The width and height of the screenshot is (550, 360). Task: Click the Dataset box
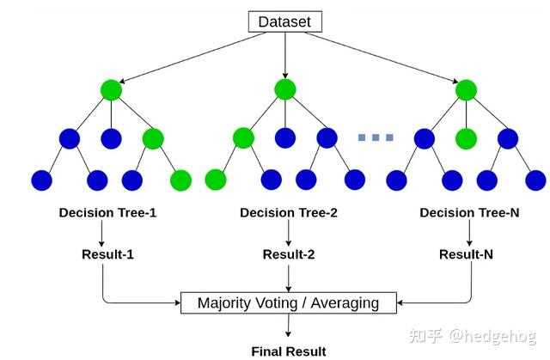[x=284, y=21]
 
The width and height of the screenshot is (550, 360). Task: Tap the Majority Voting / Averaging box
[x=289, y=302]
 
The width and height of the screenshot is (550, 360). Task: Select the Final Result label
[x=289, y=351]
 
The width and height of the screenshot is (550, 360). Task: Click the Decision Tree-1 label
[x=107, y=213]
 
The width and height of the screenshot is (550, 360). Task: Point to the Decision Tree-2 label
[x=289, y=213]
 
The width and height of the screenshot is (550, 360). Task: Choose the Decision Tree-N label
[x=469, y=213]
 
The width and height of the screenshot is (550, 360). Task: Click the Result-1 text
[x=107, y=254]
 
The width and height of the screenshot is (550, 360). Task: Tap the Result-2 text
[x=289, y=254]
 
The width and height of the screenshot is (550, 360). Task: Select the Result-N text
[x=466, y=254]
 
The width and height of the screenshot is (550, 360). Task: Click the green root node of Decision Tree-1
[x=111, y=90]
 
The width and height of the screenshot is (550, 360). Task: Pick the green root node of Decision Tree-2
[x=285, y=89]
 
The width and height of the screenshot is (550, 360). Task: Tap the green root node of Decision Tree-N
[x=466, y=90]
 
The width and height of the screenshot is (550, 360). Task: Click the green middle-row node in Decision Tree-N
[x=466, y=139]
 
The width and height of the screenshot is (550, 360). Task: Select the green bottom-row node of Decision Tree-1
[x=180, y=180]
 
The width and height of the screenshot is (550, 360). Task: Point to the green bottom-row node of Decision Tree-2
[x=216, y=180]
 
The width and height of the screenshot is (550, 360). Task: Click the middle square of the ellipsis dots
[x=376, y=137]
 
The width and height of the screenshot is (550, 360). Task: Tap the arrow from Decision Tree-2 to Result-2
[x=289, y=233]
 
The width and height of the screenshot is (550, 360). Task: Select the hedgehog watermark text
[x=492, y=336]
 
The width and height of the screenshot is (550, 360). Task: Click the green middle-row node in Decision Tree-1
[x=153, y=139]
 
